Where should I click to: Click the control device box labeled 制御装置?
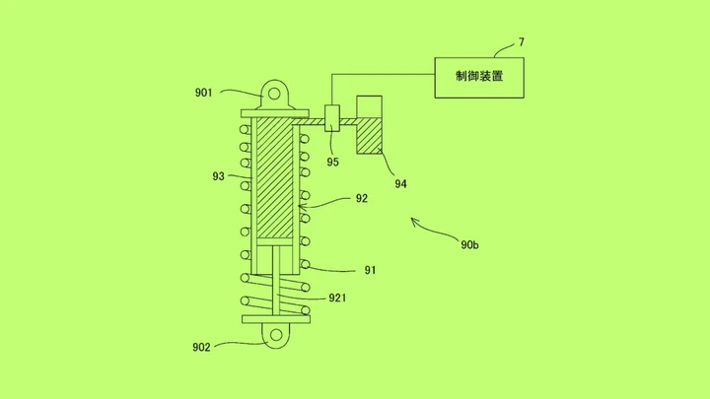tap(479, 78)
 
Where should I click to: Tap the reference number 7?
tap(522, 42)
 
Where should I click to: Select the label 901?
tap(203, 93)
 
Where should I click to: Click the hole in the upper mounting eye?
tap(274, 94)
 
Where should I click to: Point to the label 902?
tap(201, 348)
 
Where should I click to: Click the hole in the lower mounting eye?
tap(276, 335)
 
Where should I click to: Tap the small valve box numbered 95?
tap(332, 118)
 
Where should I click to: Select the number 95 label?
tap(333, 162)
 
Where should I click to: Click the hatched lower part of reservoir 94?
tap(369, 136)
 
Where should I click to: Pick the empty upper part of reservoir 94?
tap(369, 106)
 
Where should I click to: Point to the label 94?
tap(400, 183)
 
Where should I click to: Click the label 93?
tap(218, 176)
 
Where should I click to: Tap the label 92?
tap(361, 198)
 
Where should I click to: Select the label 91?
tap(370, 270)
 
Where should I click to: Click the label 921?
tap(337, 298)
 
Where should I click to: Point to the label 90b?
tap(469, 244)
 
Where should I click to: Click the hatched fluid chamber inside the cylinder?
tap(275, 177)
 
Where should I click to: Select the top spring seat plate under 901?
tap(275, 113)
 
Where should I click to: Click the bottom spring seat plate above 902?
tap(276, 319)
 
